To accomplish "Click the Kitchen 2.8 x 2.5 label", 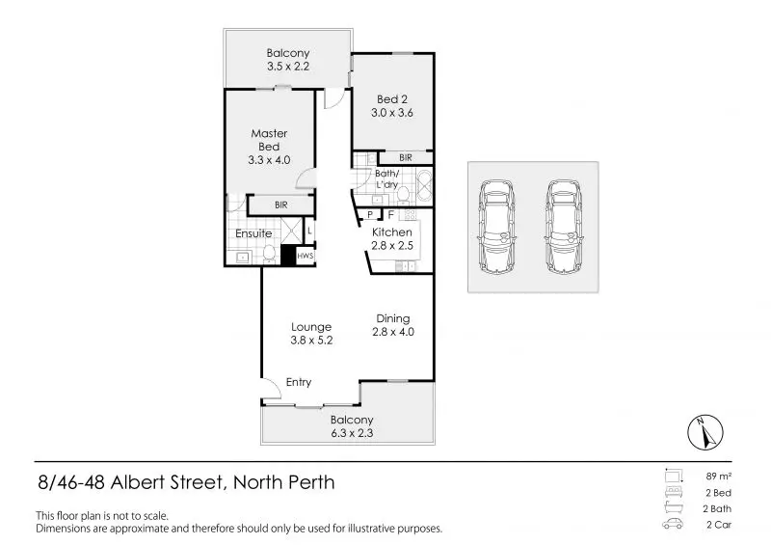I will point(392,239).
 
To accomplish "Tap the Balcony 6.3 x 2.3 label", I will point(352,426).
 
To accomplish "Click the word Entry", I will point(299,383).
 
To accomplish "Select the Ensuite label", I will point(253,233).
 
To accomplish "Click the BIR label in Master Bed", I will point(280,205).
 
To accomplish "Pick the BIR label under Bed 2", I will point(406,157).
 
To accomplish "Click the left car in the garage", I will point(498,227).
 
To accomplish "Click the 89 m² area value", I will point(719,476).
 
